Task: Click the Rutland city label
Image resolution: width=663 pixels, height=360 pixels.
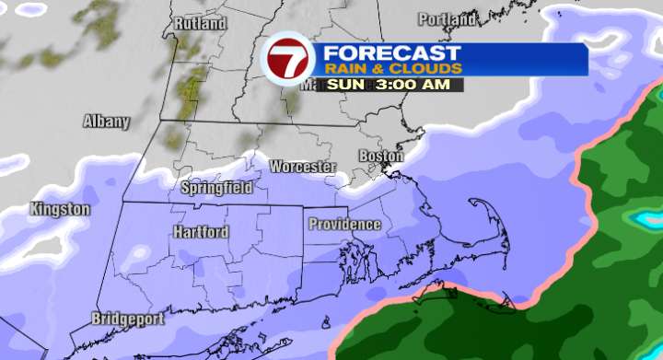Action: pyautogui.click(x=199, y=22)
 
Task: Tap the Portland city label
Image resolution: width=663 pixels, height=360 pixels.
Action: pyautogui.click(x=448, y=19)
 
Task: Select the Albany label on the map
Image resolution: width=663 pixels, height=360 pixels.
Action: pyautogui.click(x=106, y=121)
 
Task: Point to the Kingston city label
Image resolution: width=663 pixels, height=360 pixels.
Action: pyautogui.click(x=61, y=209)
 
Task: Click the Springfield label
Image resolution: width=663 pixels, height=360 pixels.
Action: pyautogui.click(x=216, y=187)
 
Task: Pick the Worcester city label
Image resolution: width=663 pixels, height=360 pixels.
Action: pyautogui.click(x=303, y=167)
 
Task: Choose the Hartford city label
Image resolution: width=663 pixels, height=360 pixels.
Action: pyautogui.click(x=201, y=232)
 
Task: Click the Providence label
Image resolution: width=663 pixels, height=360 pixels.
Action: pyautogui.click(x=344, y=224)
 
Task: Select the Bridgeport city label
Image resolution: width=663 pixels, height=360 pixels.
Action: pyautogui.click(x=128, y=319)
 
